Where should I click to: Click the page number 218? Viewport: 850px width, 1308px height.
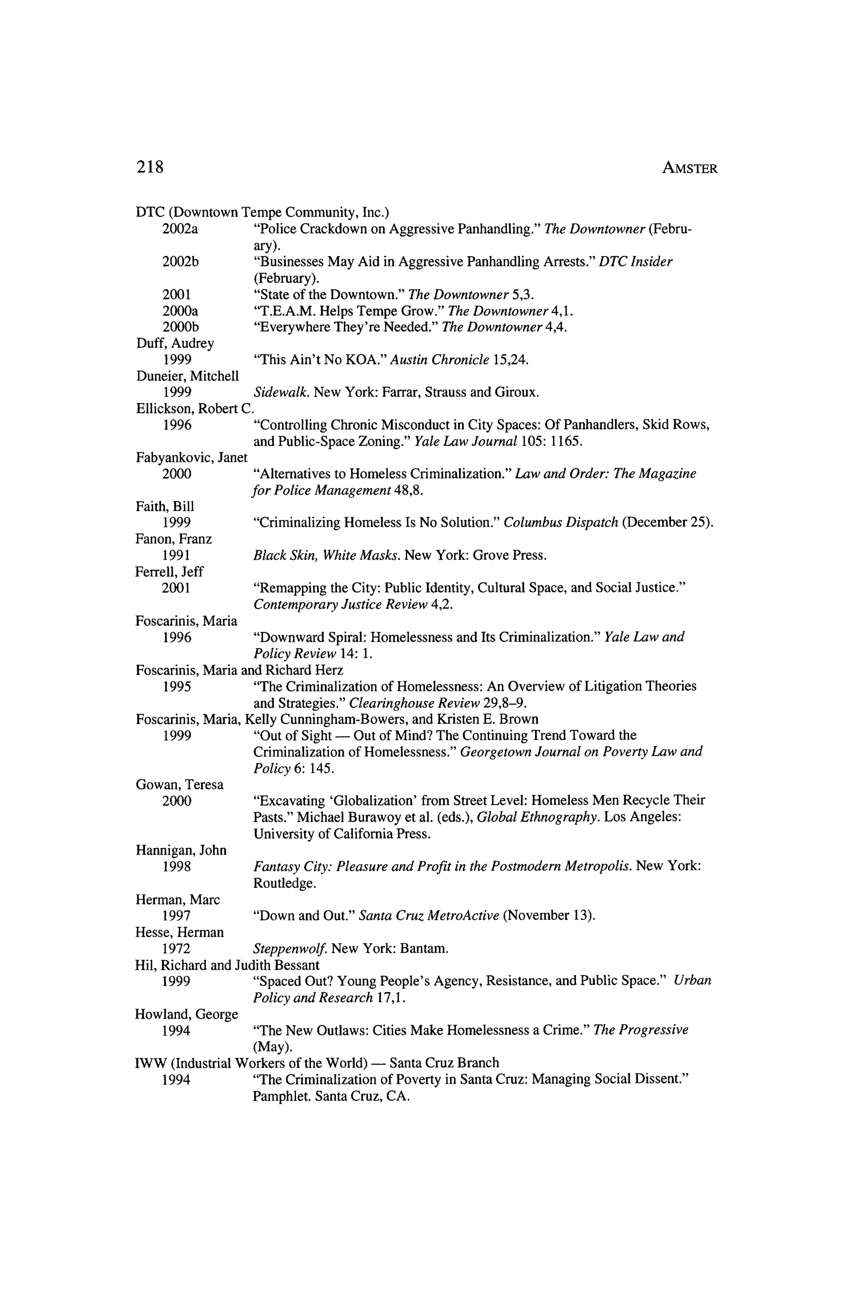click(x=150, y=167)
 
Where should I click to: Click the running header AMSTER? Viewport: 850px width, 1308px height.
click(x=689, y=168)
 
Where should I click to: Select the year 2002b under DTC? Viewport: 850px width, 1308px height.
click(x=180, y=262)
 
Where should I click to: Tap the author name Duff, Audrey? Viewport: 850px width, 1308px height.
click(x=175, y=343)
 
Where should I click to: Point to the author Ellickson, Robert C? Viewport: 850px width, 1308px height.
click(x=195, y=409)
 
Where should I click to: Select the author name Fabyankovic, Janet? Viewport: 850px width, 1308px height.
click(x=191, y=457)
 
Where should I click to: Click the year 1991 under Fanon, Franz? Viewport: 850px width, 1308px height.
click(x=176, y=556)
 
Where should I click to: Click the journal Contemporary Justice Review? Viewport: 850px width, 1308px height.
click(x=340, y=605)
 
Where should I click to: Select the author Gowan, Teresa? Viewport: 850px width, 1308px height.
click(x=179, y=785)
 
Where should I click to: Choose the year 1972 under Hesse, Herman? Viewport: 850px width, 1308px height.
click(x=176, y=948)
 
